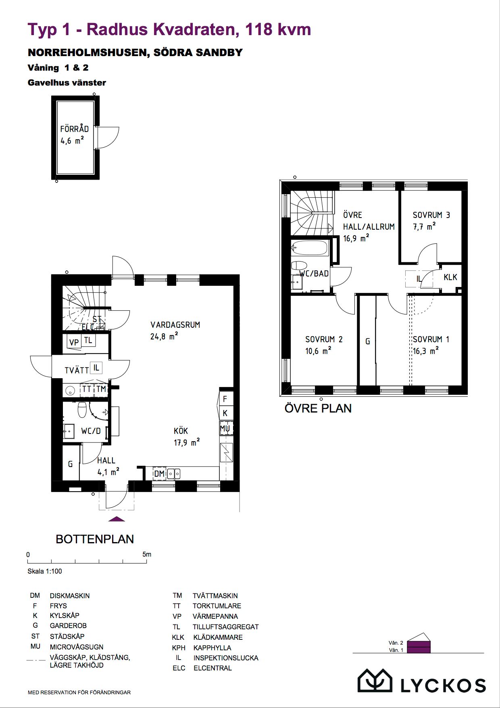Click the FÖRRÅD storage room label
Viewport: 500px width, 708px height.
pos(74,129)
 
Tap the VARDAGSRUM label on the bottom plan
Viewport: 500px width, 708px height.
pos(175,325)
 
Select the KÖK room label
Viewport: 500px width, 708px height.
pos(181,431)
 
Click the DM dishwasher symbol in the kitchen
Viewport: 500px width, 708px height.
pos(159,473)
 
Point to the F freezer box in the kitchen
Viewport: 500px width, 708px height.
pos(225,399)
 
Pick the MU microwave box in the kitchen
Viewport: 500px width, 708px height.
pos(225,428)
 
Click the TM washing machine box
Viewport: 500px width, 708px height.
pos(101,389)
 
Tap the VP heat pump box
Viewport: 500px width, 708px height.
pos(74,342)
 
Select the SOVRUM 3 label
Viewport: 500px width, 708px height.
pos(431,215)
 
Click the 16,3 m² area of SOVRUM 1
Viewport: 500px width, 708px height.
pos(426,351)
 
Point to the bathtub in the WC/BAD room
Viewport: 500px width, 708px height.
pos(310,248)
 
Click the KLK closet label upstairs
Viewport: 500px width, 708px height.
pos(450,277)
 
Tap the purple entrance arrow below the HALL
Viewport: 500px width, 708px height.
pos(117,519)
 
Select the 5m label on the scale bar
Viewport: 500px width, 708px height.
pos(147,554)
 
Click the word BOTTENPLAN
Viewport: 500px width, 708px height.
pos(95,539)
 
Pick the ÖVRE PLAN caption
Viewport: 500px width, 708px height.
pos(318,408)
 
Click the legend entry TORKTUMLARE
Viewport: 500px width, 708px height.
pos(217,606)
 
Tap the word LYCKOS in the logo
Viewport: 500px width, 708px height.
pos(443,685)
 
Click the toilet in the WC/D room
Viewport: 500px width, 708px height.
pos(82,409)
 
